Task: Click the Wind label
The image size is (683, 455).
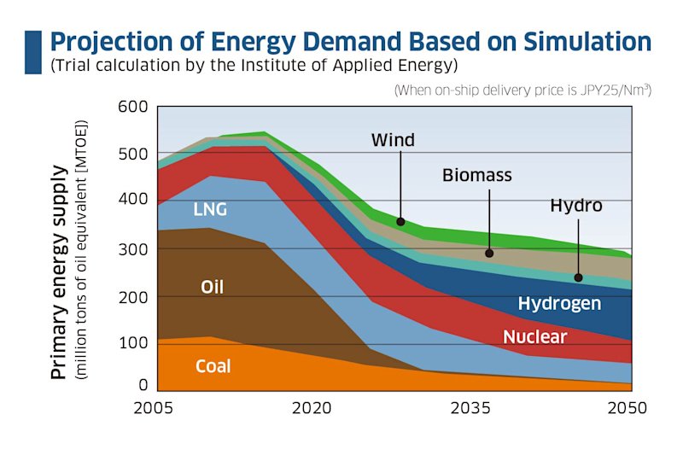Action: [x=393, y=140]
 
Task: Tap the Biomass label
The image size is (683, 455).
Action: [x=477, y=175]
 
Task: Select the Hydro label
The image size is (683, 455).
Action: [x=576, y=206]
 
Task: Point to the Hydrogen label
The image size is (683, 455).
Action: [x=559, y=303]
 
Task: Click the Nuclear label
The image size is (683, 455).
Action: [x=534, y=336]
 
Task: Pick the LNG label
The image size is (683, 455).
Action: [x=210, y=209]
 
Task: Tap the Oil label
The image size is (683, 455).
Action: [x=212, y=287]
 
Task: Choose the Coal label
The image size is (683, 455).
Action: [x=213, y=367]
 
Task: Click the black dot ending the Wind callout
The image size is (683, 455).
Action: [x=400, y=222]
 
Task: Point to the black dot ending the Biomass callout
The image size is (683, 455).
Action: [x=489, y=253]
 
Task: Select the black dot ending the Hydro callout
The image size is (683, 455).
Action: [x=578, y=277]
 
